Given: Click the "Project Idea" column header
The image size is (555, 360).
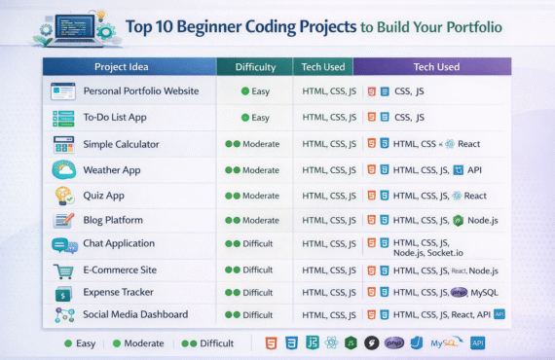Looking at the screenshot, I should click(129, 67).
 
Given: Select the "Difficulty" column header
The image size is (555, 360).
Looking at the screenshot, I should click(254, 67).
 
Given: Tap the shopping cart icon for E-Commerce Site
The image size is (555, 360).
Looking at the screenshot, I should click(64, 270).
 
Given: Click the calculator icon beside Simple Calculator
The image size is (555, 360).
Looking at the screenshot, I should click(64, 144).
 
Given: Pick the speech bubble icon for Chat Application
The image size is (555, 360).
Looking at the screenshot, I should click(64, 245).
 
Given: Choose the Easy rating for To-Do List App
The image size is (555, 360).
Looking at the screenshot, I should click(255, 118).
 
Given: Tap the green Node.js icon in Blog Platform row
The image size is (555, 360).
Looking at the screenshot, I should click(458, 220).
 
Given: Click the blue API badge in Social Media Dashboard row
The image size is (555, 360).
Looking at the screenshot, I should click(499, 314).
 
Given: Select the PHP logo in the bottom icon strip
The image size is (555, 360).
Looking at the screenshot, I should click(394, 342).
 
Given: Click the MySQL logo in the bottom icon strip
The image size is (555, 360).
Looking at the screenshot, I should click(448, 342).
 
